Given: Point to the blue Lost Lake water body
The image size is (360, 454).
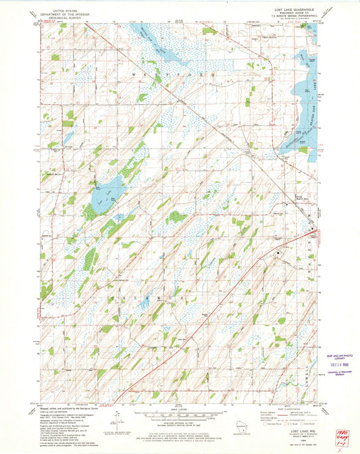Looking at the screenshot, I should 108,193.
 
